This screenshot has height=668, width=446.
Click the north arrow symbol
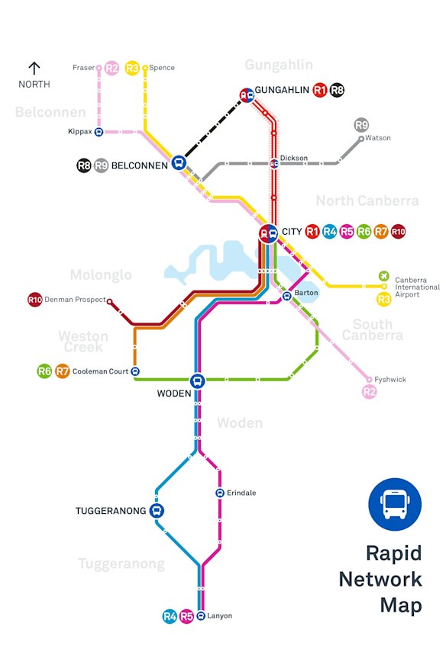(34, 69)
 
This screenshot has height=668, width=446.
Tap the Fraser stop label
(83, 68)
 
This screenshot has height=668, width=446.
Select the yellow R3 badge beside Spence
(132, 68)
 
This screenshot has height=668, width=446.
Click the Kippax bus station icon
(99, 132)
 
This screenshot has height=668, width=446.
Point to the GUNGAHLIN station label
(282, 90)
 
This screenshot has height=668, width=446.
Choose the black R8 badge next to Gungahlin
(337, 91)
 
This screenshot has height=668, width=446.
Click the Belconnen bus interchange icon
(179, 162)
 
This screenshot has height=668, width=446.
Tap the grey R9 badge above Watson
(361, 125)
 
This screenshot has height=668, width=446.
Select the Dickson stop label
(294, 159)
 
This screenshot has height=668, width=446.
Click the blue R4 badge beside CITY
(330, 232)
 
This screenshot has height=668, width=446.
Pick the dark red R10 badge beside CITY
(398, 232)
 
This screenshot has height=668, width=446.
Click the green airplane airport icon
(383, 276)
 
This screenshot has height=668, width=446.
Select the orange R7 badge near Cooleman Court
(62, 372)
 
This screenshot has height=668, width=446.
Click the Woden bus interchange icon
(197, 381)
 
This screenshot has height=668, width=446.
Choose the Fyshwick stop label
(390, 379)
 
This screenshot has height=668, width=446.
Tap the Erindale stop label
(241, 493)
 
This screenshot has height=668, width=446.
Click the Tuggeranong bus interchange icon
(157, 511)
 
